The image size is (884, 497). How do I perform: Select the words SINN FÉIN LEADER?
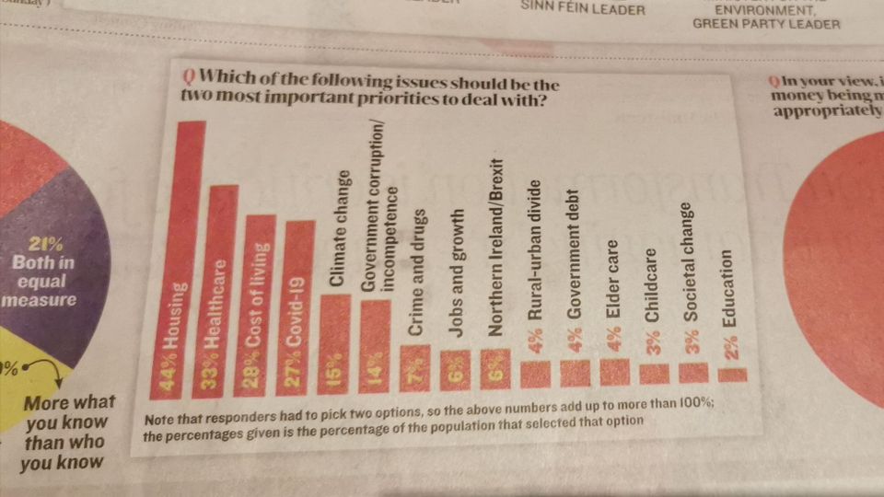[584, 9]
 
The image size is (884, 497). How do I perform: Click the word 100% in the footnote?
[692, 406]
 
